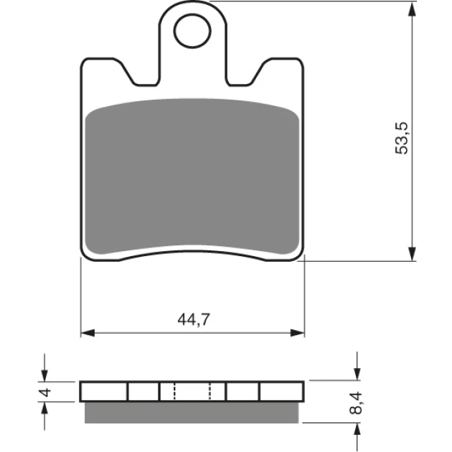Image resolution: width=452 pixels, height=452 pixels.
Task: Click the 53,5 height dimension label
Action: [402, 138]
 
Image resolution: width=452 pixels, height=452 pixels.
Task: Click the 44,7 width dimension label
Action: [194, 320]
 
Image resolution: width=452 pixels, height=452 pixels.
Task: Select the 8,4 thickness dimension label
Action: [355, 402]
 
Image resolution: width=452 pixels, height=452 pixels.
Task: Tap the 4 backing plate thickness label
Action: [45, 392]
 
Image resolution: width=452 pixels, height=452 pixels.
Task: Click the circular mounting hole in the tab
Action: [192, 31]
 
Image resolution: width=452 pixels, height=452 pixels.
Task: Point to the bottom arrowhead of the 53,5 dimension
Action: [413, 254]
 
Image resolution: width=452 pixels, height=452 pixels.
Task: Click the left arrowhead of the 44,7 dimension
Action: [88, 333]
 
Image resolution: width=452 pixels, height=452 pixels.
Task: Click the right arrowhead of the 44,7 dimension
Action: [298, 333]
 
